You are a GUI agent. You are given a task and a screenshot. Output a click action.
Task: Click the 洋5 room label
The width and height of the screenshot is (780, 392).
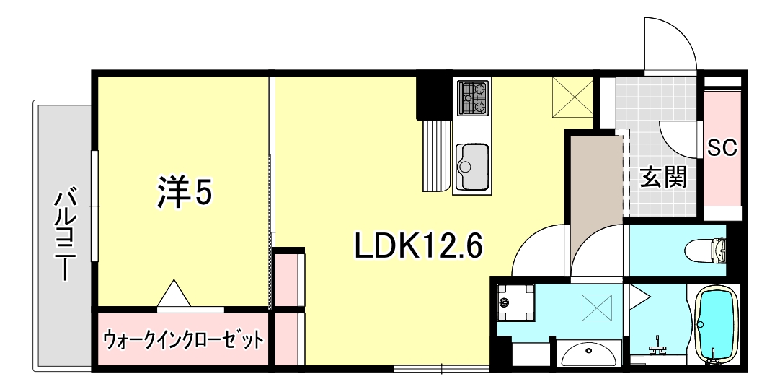(x=184, y=191)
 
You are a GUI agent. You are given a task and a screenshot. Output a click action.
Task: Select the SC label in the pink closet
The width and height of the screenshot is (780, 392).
(x=721, y=148)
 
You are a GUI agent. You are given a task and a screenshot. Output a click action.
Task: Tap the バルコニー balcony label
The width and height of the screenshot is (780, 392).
(x=66, y=235)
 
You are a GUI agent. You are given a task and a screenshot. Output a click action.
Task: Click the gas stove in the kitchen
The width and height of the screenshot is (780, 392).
(x=472, y=97)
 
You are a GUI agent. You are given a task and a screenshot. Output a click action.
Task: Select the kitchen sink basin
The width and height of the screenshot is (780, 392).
(x=472, y=159)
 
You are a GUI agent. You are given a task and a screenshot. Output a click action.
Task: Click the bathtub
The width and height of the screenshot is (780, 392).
(x=717, y=323)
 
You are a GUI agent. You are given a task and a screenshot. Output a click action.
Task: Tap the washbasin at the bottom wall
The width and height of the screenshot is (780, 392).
(x=590, y=354)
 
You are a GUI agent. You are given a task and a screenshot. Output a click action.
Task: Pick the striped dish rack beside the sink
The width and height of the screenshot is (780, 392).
(x=436, y=154)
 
